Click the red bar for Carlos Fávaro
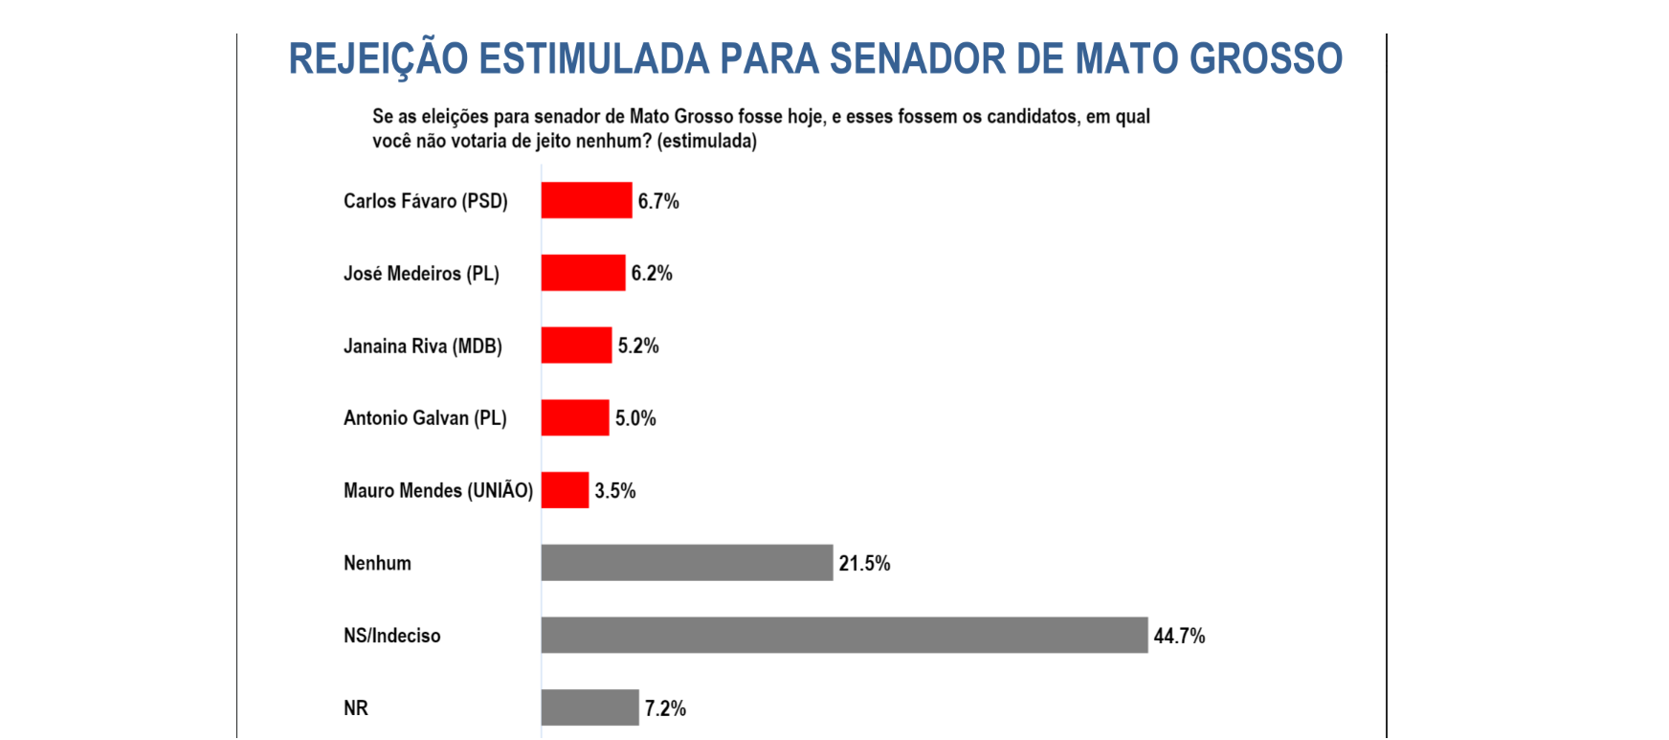point(586,200)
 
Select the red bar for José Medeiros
point(583,273)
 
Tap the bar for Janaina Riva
point(576,345)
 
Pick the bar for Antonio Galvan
point(574,417)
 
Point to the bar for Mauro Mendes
point(565,490)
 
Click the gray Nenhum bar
point(686,563)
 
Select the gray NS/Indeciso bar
point(843,635)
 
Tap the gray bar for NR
point(590,707)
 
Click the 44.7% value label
point(1179,636)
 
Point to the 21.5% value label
point(864,563)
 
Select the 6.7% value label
point(658,201)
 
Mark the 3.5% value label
point(615,490)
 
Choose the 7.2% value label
point(665,708)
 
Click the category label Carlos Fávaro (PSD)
point(426,201)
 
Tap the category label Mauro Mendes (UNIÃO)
point(438,490)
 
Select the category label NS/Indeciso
point(392,636)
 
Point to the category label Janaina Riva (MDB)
point(423,346)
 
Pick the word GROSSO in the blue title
point(1266,59)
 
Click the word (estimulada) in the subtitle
point(707,141)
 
